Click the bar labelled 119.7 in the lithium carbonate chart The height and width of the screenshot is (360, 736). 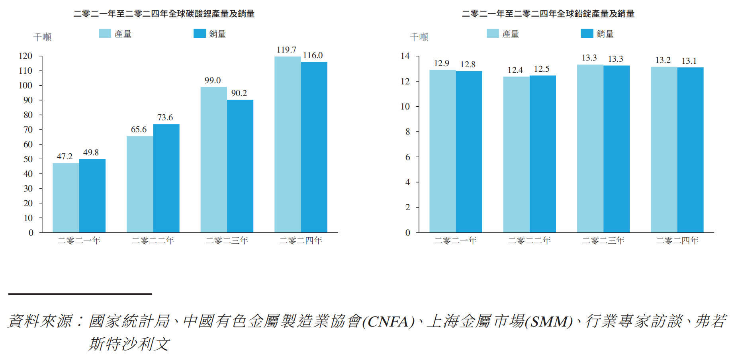tap(288, 144)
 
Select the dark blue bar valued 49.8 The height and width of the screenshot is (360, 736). tap(92, 196)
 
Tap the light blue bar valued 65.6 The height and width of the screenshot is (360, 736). tap(140, 184)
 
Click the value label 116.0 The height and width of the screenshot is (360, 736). tap(313, 55)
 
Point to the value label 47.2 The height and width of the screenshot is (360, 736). tap(65, 157)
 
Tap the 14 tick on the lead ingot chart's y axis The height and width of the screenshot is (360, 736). tap(405, 56)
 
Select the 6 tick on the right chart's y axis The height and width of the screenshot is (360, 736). tap(407, 157)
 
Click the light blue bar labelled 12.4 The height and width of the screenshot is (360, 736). tap(516, 154)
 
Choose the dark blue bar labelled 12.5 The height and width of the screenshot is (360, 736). tap(542, 154)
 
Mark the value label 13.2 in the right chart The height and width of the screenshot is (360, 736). tap(663, 60)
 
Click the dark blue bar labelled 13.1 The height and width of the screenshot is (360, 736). tap(690, 150)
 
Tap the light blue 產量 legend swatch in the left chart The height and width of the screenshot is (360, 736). tap(105, 33)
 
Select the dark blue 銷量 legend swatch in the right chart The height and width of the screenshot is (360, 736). tap(587, 33)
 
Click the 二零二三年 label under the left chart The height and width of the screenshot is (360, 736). tap(227, 241)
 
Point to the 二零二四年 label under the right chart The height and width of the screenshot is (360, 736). tap(677, 241)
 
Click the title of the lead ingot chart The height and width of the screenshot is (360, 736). tap(548, 14)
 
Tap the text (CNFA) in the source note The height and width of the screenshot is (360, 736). tap(388, 322)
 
